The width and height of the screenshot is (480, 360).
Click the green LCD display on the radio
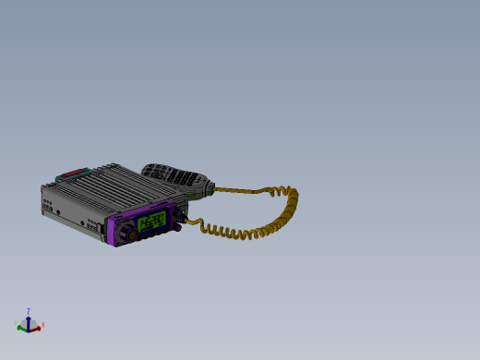pyautogui.click(x=151, y=222)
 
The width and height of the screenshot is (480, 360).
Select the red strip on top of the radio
pyautogui.click(x=73, y=173)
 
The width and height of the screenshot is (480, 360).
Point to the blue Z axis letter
pyautogui.click(x=29, y=311)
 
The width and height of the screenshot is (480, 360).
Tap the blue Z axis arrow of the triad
pyautogui.click(x=29, y=318)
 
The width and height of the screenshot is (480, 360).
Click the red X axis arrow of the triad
pyautogui.click(x=36, y=326)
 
